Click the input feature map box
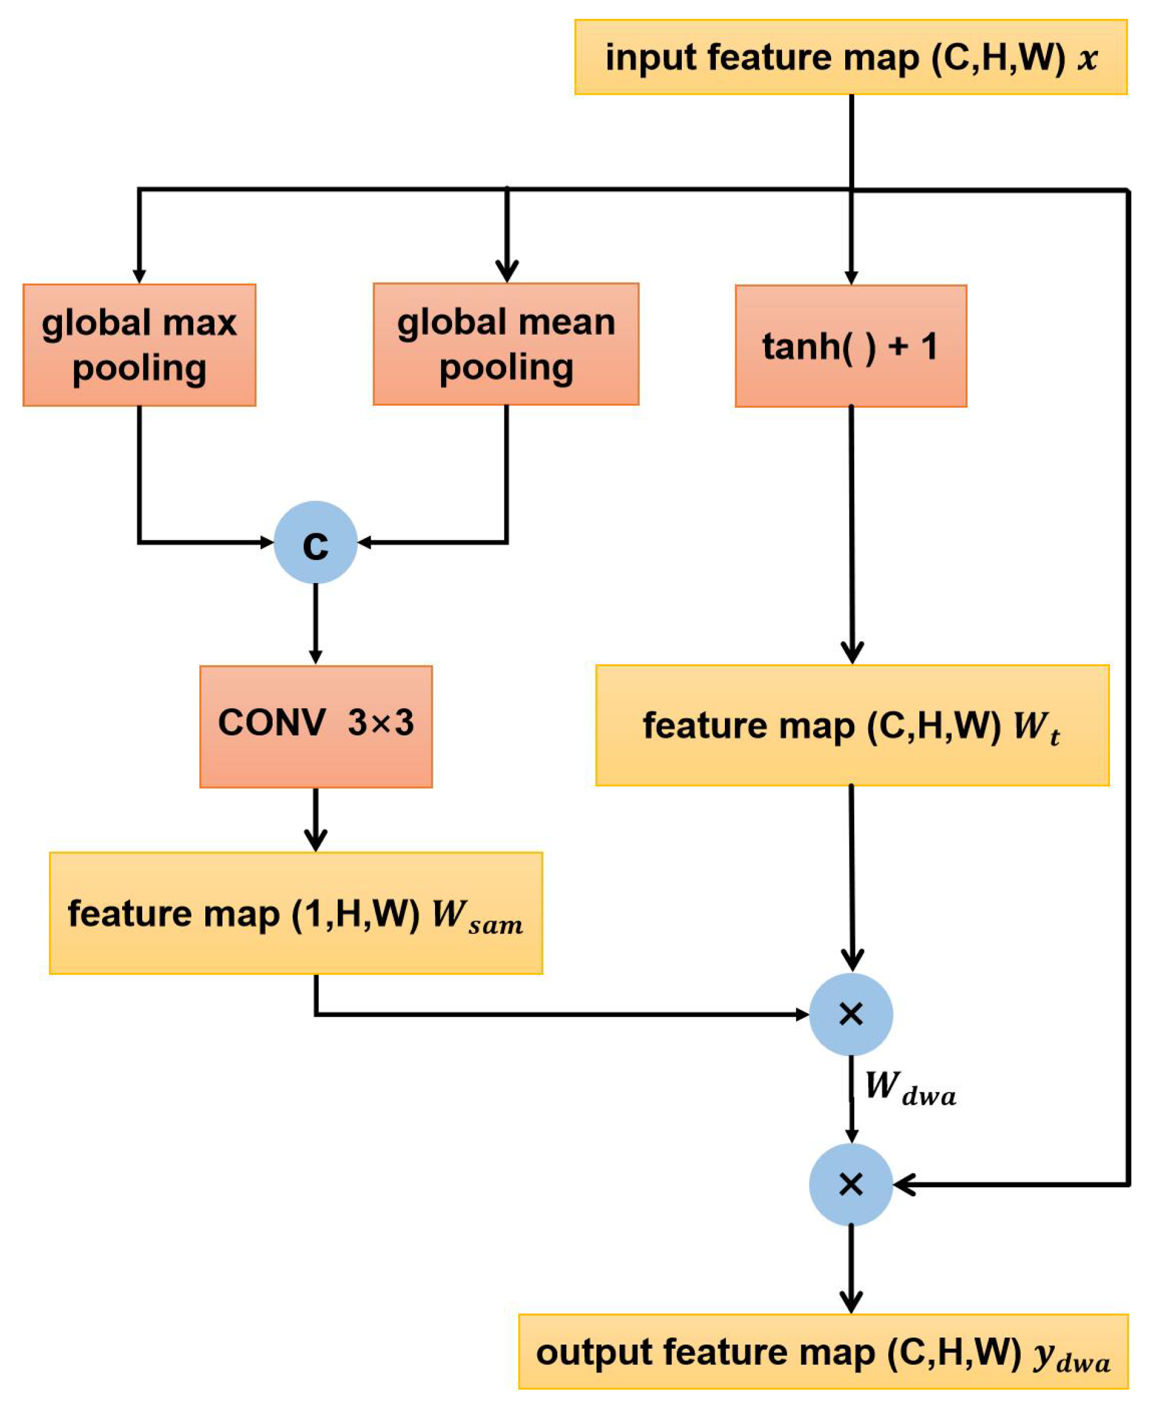(x=850, y=57)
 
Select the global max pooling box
(x=139, y=345)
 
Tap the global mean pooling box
(x=506, y=344)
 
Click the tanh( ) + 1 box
(x=850, y=346)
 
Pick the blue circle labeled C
(x=315, y=542)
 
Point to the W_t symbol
(x=1036, y=727)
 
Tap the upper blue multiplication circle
(x=850, y=1014)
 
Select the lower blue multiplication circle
(x=850, y=1185)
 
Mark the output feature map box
(x=823, y=1351)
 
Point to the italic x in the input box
(x=1087, y=58)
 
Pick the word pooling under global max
(x=139, y=369)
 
